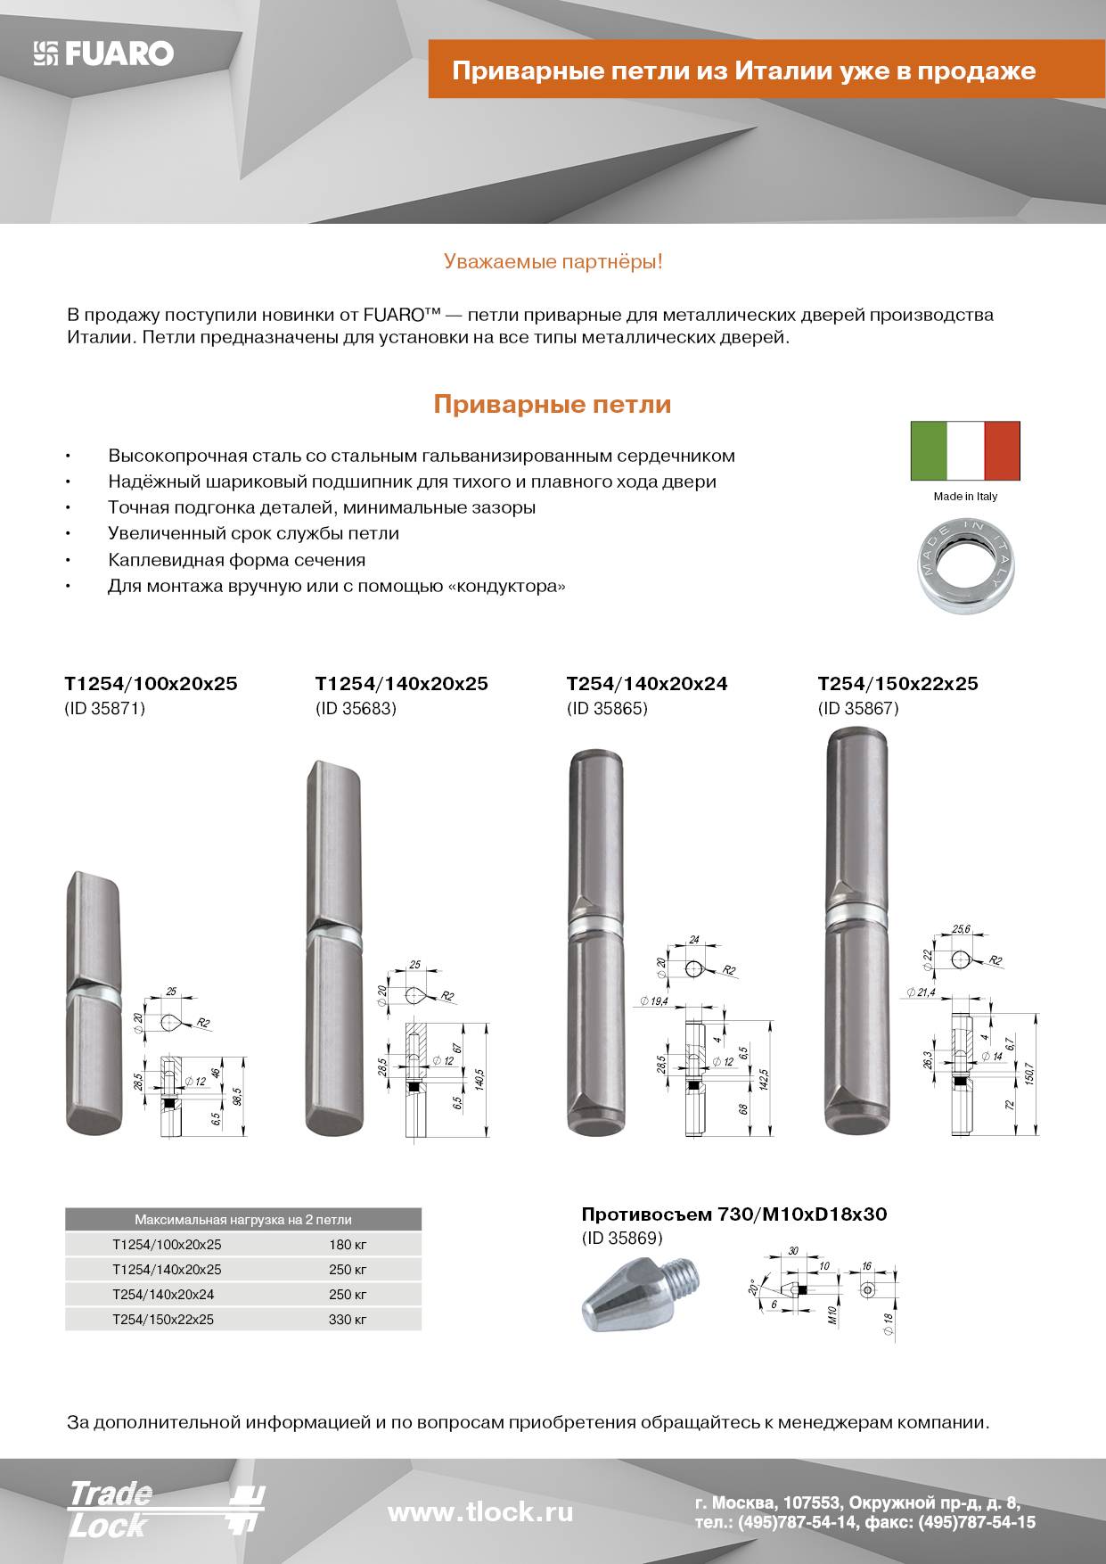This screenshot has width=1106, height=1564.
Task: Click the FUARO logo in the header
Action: coord(103,54)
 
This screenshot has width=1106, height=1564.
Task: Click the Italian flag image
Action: coord(965,450)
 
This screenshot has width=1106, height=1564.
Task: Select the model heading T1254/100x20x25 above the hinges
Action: coord(151,684)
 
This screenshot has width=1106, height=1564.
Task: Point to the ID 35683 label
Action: coord(356,709)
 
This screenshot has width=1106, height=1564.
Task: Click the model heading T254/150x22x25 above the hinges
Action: coord(897,684)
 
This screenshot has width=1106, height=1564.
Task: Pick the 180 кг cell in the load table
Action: coord(348,1245)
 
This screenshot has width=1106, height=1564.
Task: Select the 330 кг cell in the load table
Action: coord(348,1320)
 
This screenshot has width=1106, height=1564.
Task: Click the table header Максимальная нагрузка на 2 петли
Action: coord(242,1220)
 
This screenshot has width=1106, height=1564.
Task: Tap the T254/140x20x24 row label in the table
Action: coord(163,1295)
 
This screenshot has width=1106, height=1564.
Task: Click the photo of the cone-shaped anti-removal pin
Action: coord(639,1293)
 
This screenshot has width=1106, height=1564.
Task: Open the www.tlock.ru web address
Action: coord(480,1512)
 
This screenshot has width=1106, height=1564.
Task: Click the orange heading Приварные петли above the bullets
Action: coord(552,405)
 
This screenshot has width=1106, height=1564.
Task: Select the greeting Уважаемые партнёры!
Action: coord(553,262)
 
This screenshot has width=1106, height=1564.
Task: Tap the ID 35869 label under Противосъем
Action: coord(622,1239)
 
